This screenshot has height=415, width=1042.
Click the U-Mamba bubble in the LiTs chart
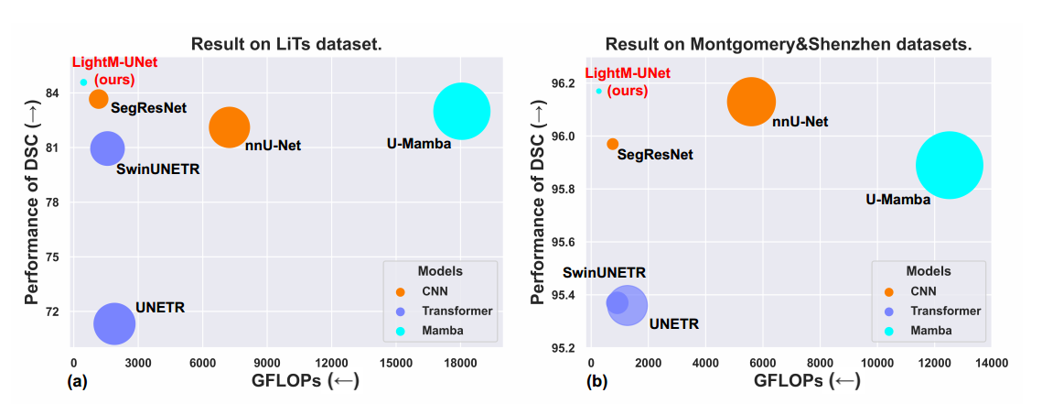click(462, 111)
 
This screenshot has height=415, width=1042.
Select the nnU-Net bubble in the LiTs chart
click(229, 127)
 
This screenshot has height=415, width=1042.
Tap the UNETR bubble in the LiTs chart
click(114, 322)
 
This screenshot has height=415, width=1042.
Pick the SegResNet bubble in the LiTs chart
click(99, 98)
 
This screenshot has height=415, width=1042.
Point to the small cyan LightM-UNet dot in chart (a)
click(83, 82)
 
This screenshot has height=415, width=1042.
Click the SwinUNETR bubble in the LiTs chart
click(107, 147)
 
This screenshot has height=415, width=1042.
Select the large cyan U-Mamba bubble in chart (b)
click(949, 165)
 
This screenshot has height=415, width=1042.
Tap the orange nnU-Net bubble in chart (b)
click(751, 102)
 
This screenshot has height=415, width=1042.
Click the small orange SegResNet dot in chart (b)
click(613, 144)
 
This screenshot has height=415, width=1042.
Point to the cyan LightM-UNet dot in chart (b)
click(599, 91)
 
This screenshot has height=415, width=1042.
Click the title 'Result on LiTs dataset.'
click(285, 43)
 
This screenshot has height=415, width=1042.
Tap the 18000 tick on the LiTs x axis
click(460, 361)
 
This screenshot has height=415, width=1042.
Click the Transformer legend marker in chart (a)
click(400, 311)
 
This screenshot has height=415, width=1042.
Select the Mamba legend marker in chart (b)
click(887, 331)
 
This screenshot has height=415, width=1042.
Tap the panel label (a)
click(77, 382)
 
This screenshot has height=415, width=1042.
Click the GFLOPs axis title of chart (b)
click(806, 381)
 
